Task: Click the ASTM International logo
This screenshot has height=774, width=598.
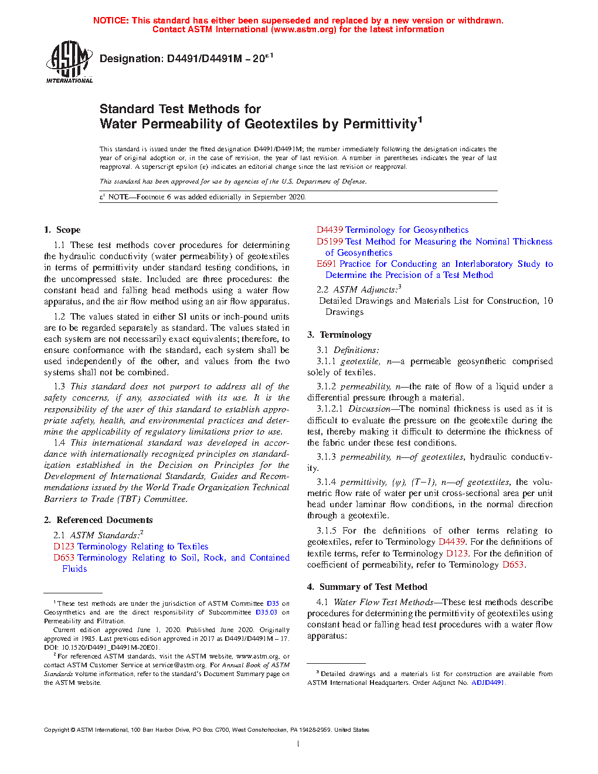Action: click(x=69, y=61)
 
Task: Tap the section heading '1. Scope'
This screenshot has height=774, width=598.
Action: click(x=62, y=230)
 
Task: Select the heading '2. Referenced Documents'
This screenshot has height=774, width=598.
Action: click(x=98, y=520)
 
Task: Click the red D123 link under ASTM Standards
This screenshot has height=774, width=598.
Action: click(x=64, y=546)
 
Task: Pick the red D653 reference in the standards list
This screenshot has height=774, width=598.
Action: click(x=64, y=558)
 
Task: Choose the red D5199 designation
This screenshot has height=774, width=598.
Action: click(x=329, y=242)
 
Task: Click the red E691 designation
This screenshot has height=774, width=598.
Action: click(x=327, y=264)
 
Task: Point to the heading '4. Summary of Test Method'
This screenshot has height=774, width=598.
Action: click(x=367, y=587)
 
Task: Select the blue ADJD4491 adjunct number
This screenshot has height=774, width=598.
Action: click(x=488, y=683)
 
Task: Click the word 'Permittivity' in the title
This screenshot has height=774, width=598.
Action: click(x=380, y=124)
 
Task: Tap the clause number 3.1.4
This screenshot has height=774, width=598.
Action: click(x=327, y=482)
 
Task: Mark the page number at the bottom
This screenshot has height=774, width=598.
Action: click(x=298, y=744)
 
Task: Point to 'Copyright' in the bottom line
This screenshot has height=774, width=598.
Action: click(x=56, y=730)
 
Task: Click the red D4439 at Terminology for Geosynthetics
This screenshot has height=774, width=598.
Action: click(x=329, y=230)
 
